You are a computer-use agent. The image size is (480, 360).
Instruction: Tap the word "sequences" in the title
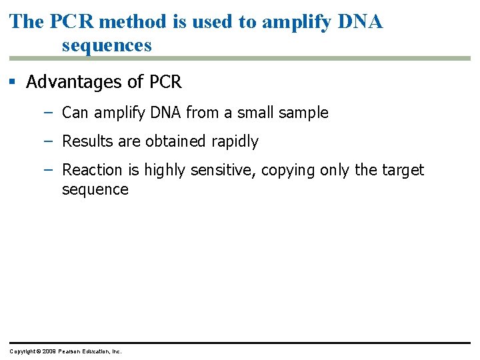point(107,45)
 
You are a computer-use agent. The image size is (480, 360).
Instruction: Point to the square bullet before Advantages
point(12,82)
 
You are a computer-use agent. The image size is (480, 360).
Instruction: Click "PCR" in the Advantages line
point(165,82)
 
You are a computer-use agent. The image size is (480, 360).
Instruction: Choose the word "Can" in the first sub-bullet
point(75,113)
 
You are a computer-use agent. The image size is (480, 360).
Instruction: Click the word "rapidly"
point(234,142)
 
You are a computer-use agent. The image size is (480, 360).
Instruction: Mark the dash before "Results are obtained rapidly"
point(48,141)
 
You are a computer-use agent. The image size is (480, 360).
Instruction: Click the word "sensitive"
point(222,170)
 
